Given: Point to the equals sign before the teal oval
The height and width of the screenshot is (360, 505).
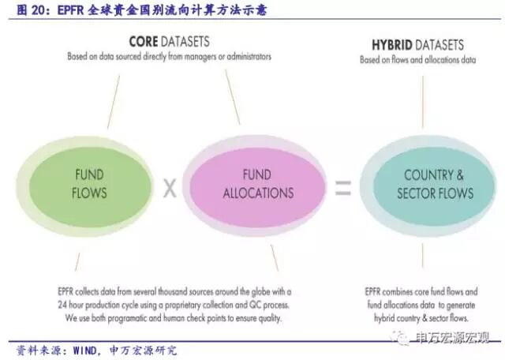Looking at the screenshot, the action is point(342,188).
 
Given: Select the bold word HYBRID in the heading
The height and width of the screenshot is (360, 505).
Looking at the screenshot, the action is point(398,44).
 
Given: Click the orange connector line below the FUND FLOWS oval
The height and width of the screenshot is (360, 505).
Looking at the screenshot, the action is point(77,261).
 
